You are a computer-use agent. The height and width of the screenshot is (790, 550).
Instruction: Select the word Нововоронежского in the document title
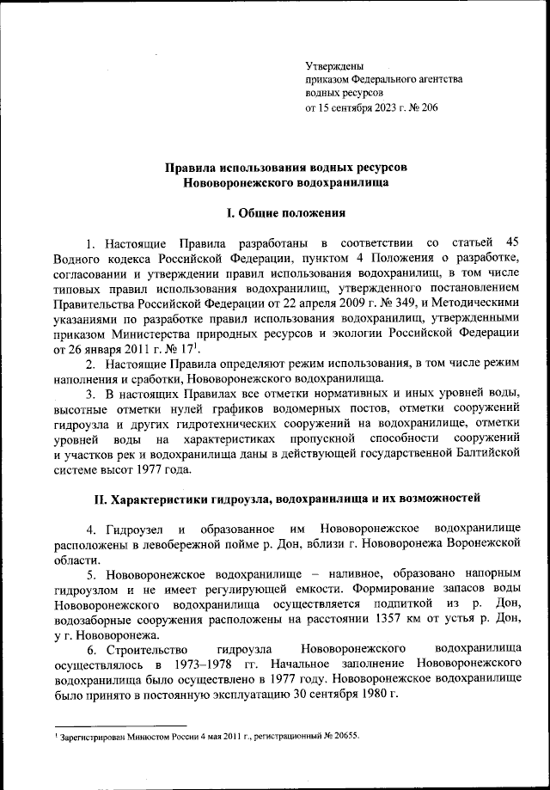click(x=235, y=182)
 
